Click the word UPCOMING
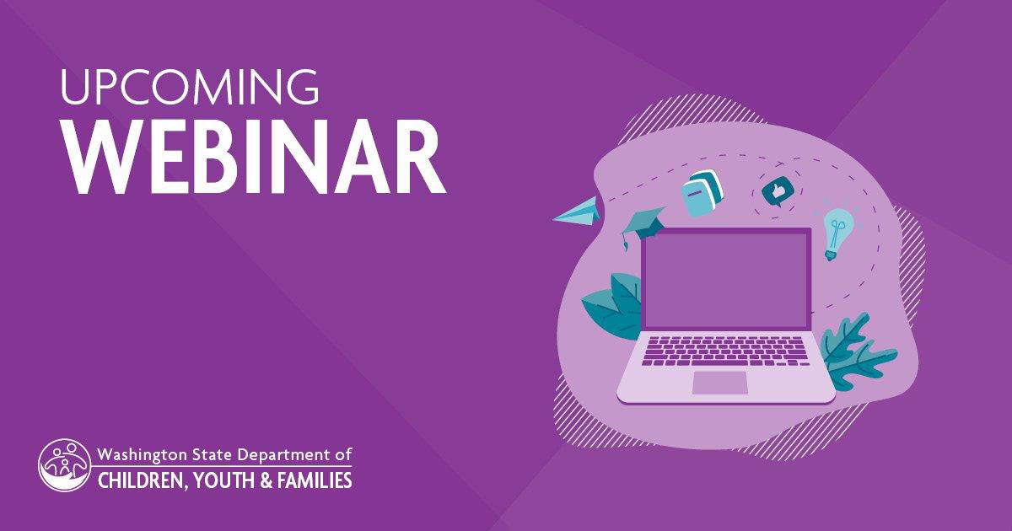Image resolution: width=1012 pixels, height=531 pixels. (x=190, y=88)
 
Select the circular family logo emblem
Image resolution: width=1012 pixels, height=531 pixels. (x=64, y=465)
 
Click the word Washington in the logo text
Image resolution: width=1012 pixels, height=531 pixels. (x=143, y=455)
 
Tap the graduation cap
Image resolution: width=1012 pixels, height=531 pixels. (x=643, y=227)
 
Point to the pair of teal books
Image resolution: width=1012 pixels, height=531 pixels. (x=702, y=192)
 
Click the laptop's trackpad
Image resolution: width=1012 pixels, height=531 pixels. (x=720, y=383)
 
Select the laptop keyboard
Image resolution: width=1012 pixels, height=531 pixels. (x=725, y=351)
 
